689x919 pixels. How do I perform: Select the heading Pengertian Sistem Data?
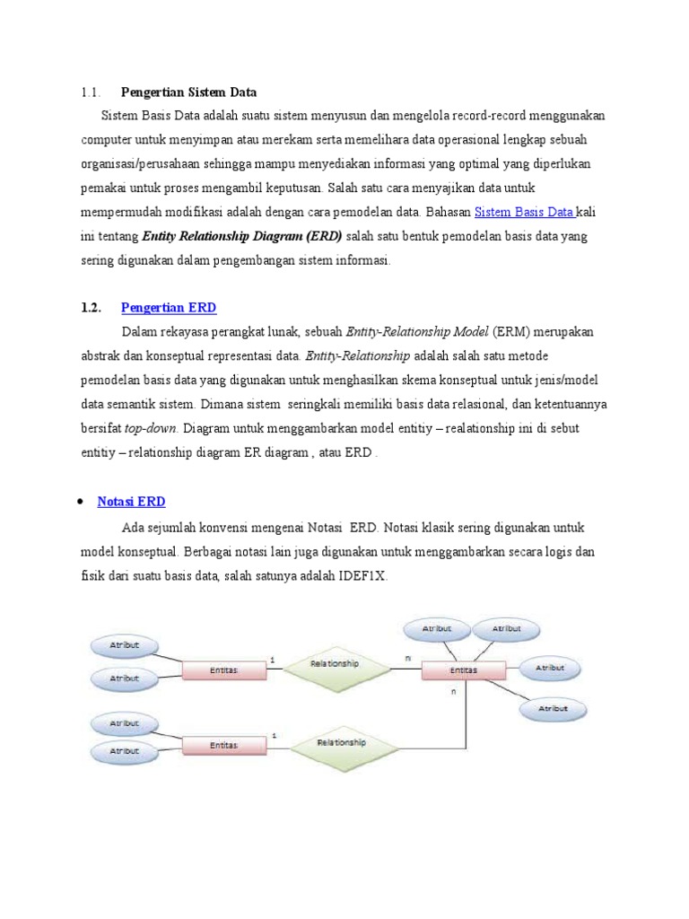pos(188,92)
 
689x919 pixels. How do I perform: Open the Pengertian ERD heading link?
pos(169,308)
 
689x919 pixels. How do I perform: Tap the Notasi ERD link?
pos(131,502)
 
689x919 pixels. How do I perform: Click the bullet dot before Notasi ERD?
pos(82,502)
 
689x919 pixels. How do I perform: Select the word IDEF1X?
pos(362,575)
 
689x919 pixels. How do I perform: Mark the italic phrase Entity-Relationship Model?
pos(416,332)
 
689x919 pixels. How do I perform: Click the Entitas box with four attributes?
pos(463,670)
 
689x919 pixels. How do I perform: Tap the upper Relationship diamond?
pos(334,665)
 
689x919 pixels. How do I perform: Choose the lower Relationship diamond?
pos(341,744)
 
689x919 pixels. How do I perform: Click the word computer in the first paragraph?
pos(110,140)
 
